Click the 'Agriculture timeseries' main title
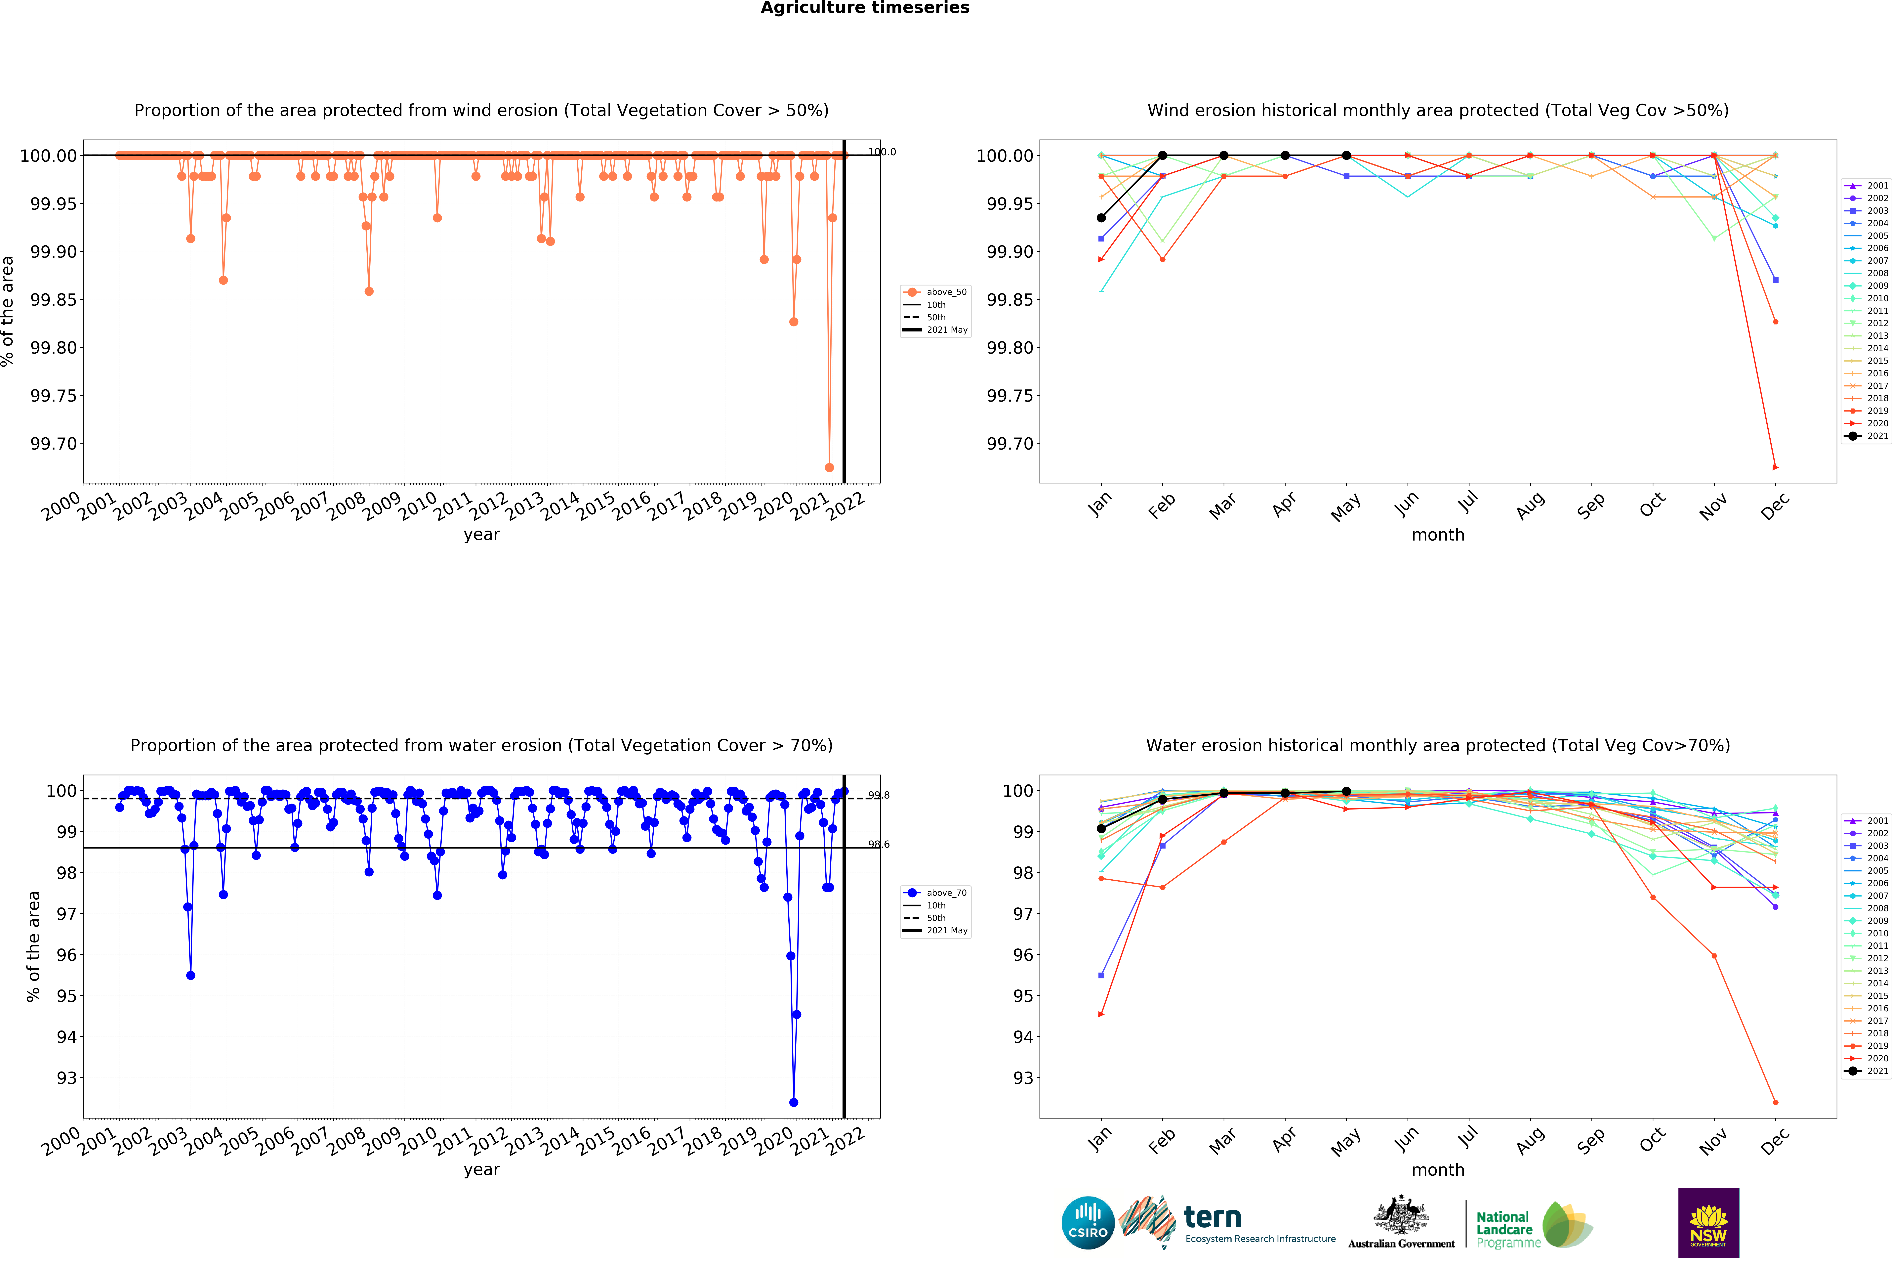tap(865, 8)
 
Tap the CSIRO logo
tap(1088, 1222)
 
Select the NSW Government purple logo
tap(1708, 1222)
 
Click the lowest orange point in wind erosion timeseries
tap(829, 467)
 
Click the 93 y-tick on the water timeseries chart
tap(66, 1078)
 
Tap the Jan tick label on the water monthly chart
tap(1099, 1141)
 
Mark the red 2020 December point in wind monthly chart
tap(1775, 467)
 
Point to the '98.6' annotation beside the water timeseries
tap(878, 845)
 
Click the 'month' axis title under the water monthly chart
tap(1438, 1170)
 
